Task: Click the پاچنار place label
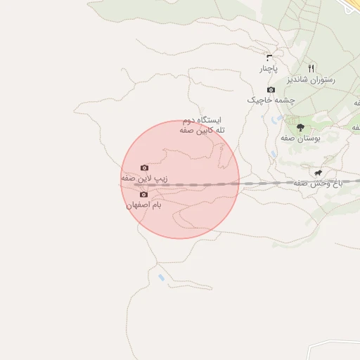tap(269, 69)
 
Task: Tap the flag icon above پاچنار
tap(269, 56)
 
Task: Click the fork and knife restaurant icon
tap(311, 67)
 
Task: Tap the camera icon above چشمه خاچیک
tap(271, 89)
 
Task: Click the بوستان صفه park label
tap(300, 138)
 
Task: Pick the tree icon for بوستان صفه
tap(300, 127)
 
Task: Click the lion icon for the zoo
tap(319, 172)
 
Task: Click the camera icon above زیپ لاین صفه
tap(144, 168)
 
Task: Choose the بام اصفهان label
tap(143, 205)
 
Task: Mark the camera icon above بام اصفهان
tap(143, 194)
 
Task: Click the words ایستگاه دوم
tap(202, 120)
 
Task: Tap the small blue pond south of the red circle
tap(162, 278)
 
